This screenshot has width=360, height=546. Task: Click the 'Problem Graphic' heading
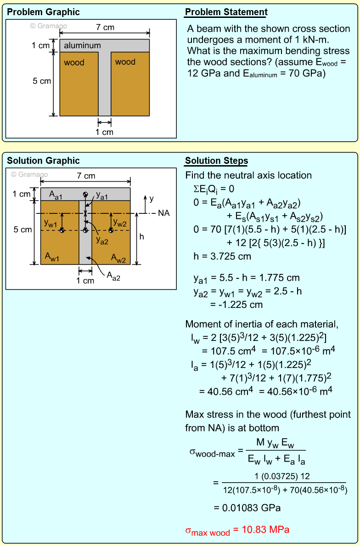[43, 12]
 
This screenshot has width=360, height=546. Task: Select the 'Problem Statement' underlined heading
[226, 12]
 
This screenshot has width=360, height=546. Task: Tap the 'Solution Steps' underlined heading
[216, 161]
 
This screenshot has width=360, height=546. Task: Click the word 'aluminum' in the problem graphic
[82, 45]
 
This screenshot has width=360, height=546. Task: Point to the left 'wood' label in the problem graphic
[74, 62]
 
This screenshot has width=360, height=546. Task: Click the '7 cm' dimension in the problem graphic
[105, 28]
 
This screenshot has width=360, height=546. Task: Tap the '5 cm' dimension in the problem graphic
[42, 81]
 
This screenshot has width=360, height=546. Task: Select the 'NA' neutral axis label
[164, 213]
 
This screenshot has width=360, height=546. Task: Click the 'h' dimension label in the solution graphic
[142, 236]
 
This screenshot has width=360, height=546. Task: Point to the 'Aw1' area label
[51, 256]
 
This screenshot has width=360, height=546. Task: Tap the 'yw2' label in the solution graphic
[119, 223]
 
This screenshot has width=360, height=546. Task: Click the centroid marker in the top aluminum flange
[85, 195]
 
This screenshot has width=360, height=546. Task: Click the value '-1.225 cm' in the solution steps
[236, 305]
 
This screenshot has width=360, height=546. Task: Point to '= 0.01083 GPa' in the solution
[247, 508]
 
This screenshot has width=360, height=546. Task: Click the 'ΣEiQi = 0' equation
[215, 189]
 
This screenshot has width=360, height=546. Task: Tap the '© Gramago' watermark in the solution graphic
[29, 175]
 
